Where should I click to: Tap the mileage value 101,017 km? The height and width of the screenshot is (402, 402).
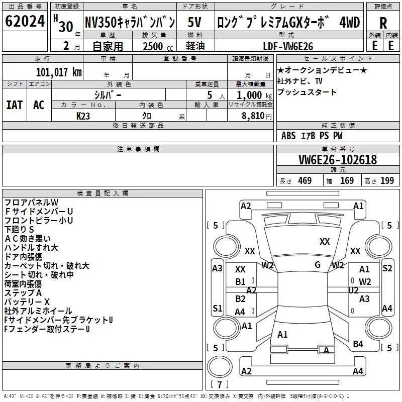[59, 72]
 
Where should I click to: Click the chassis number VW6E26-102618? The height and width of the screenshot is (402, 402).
[338, 160]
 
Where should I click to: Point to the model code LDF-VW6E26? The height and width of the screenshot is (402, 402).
[288, 46]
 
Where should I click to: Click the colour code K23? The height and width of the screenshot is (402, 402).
[83, 116]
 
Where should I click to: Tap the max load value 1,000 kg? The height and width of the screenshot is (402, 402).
[251, 94]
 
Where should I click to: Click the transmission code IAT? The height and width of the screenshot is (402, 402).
[14, 105]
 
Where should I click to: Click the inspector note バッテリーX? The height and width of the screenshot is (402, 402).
[27, 301]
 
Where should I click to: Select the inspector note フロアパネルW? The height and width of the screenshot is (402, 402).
[32, 203]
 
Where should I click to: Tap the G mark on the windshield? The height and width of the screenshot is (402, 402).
[317, 264]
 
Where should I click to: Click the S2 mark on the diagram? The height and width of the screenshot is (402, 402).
[387, 268]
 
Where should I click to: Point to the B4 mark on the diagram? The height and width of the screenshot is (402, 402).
[358, 344]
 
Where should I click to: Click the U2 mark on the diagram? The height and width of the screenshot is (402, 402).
[353, 290]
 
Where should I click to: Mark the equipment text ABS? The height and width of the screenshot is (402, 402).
[288, 136]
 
